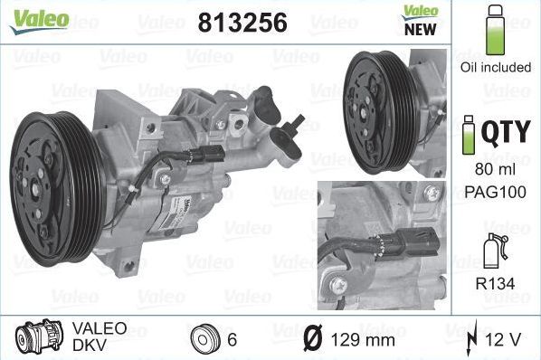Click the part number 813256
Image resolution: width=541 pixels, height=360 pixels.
pos(242,22)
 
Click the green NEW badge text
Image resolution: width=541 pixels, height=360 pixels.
pos(421,28)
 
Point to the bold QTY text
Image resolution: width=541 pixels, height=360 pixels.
pos(506,133)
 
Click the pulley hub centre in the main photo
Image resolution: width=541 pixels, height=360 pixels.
pos(39,188)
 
